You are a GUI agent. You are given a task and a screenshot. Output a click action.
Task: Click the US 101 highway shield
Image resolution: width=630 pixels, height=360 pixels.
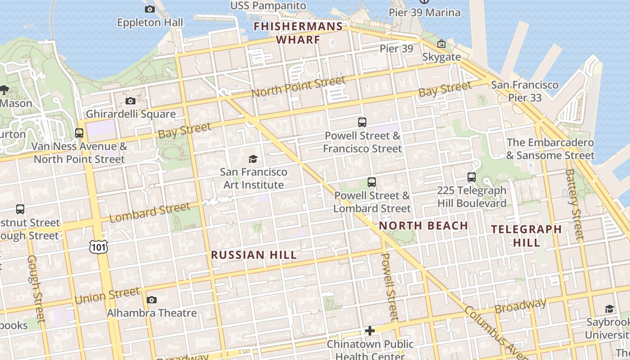[98, 246]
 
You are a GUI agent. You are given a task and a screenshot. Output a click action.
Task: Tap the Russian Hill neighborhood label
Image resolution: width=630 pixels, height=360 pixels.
[254, 255]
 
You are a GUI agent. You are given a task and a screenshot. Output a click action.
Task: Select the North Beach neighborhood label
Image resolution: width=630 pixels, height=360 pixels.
[423, 226]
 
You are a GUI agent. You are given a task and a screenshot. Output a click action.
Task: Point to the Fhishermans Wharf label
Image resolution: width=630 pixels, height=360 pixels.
[298, 33]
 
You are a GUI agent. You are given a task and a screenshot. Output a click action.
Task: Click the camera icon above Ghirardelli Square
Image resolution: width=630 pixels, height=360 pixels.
[130, 101]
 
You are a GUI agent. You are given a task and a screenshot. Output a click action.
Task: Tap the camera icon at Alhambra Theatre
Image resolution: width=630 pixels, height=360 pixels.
[152, 300]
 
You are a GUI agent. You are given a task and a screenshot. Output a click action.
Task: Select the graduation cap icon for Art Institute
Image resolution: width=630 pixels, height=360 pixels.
[253, 159]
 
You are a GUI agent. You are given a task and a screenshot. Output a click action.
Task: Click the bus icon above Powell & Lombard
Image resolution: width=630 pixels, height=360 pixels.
[371, 182]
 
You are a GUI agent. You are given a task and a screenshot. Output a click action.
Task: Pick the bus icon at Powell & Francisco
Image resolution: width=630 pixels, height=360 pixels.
[362, 122]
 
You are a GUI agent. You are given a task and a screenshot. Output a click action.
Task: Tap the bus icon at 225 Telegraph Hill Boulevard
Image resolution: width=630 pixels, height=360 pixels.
[471, 177]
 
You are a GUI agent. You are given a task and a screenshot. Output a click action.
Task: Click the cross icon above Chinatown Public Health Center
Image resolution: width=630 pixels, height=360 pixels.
[369, 331]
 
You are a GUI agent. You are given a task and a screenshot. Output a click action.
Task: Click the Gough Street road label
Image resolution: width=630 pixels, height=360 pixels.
[36, 289]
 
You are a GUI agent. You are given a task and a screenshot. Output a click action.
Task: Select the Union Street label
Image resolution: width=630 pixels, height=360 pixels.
[108, 296]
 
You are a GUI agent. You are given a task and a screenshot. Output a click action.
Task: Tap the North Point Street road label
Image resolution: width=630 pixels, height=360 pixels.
[298, 86]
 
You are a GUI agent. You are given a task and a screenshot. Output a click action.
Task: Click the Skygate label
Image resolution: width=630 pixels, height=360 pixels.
[441, 57]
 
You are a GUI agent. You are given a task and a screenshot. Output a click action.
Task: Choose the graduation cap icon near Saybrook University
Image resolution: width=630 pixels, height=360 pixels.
[609, 309]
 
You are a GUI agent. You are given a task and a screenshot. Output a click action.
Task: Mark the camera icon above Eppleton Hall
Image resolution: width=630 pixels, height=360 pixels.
[150, 9]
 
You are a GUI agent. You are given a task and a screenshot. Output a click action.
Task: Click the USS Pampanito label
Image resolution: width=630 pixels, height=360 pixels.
[268, 6]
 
